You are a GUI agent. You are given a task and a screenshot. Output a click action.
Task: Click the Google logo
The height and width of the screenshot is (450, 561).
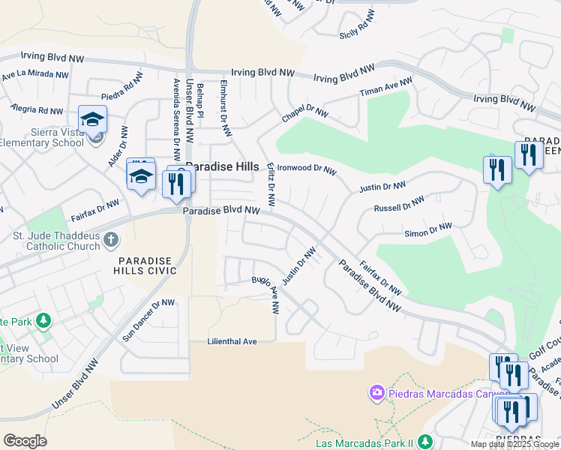pyautogui.click(x=25, y=441)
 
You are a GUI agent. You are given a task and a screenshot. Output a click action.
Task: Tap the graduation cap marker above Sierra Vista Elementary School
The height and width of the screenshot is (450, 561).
pyautogui.click(x=92, y=119)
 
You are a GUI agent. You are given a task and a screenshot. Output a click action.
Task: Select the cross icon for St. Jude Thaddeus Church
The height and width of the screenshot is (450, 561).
pyautogui.click(x=110, y=240)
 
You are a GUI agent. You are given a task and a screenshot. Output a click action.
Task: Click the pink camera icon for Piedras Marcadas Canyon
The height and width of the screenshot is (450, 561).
pyautogui.click(x=376, y=392)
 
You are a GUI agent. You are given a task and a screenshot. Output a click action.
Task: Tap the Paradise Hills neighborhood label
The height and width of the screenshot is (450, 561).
pyautogui.click(x=222, y=166)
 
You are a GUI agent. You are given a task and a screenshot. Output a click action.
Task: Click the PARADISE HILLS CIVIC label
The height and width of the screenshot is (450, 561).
pyautogui.click(x=145, y=266)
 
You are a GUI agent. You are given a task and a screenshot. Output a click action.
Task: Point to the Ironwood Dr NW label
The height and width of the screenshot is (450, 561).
pyautogui.click(x=307, y=169)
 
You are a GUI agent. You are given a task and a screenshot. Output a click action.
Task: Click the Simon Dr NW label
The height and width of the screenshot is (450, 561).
pyautogui.click(x=427, y=229)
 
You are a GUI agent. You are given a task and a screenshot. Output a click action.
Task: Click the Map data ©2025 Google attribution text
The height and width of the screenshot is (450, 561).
pyautogui.click(x=514, y=444)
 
